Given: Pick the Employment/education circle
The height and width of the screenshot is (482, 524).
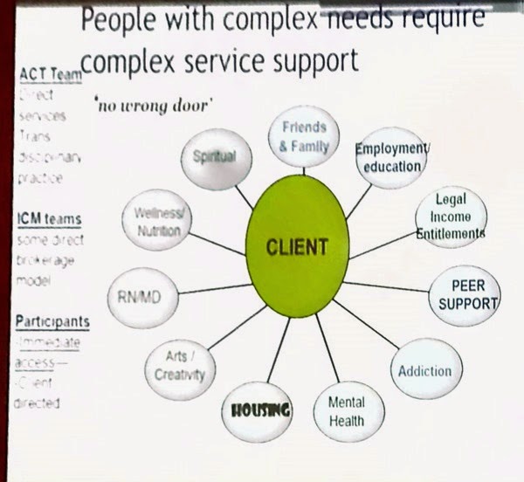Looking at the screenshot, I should [390, 156].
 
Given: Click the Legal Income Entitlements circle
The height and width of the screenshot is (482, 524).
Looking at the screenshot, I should [450, 216].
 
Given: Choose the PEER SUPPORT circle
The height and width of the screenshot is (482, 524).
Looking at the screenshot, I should [463, 294].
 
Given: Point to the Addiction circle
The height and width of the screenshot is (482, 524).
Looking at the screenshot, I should [424, 369].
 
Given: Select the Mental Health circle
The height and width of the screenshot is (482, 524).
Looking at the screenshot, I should [346, 411].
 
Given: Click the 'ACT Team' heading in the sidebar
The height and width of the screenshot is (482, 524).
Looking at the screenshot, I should [50, 75].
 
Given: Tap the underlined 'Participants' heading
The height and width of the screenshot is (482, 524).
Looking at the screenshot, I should [52, 321].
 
